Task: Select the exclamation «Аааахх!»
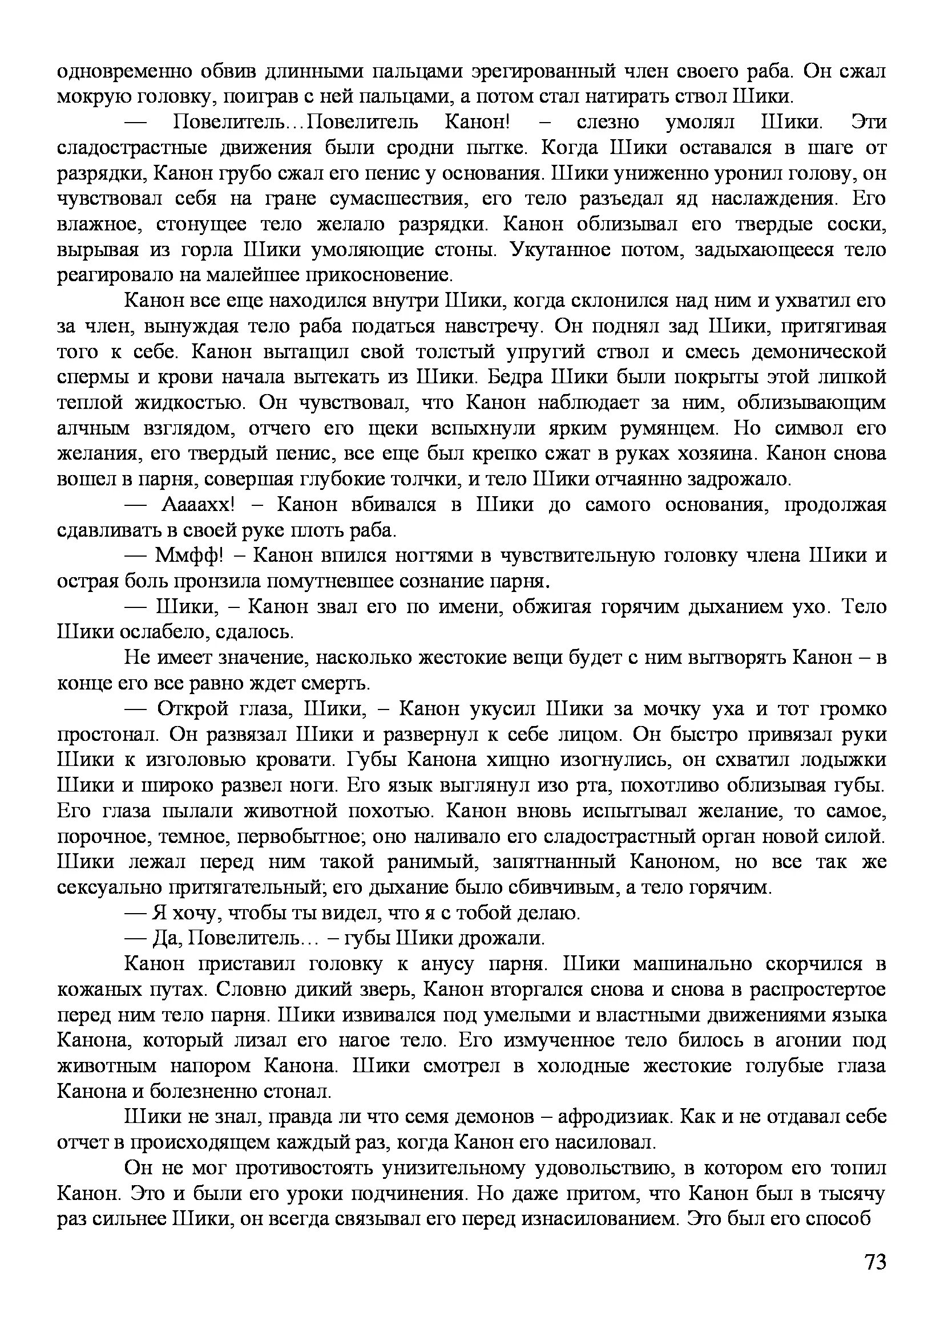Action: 197,504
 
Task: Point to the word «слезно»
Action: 608,122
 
